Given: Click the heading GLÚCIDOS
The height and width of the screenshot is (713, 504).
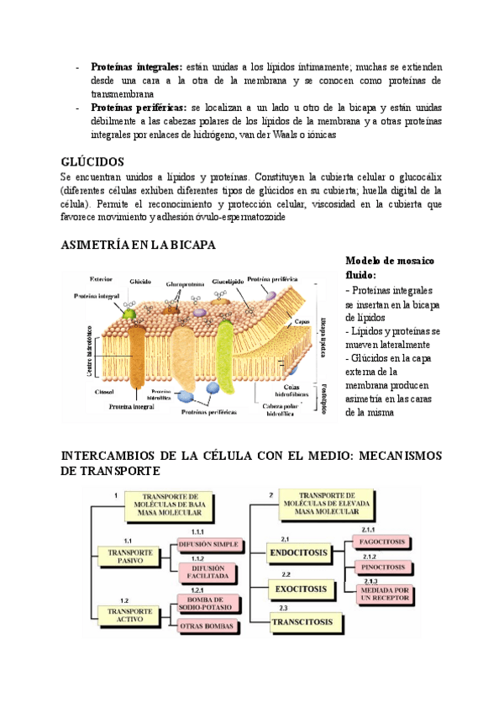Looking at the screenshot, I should coord(92,161).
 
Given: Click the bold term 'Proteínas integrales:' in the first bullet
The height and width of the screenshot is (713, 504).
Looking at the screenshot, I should coord(141,66).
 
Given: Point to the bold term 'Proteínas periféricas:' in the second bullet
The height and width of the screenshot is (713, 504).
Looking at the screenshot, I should coord(139,108).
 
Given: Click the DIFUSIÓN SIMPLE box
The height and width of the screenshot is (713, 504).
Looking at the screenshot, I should coord(209,545).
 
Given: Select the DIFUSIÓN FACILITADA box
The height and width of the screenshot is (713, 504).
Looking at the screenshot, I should coord(209,573).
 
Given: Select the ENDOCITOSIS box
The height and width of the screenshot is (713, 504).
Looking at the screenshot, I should coord(299,552).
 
